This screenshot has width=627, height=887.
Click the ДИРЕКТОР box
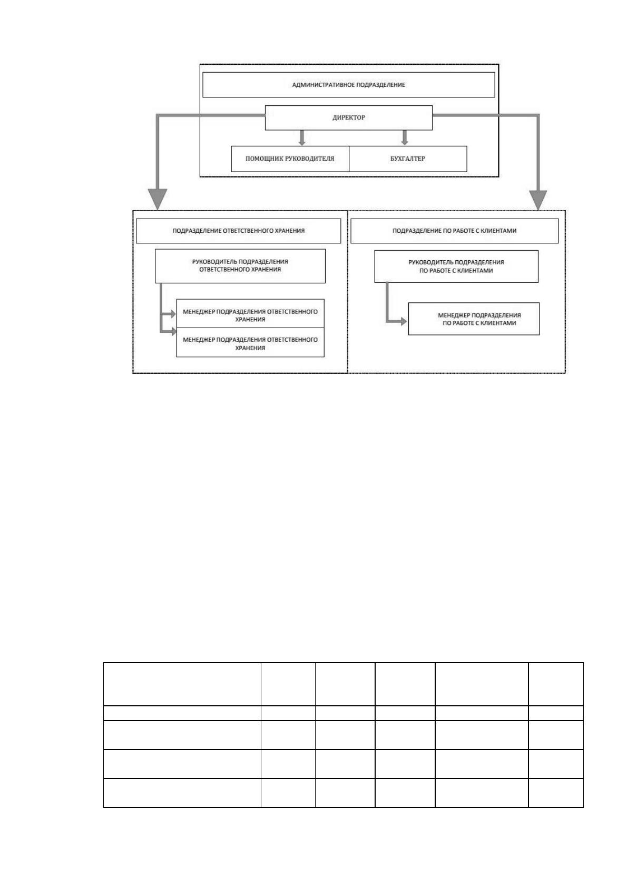point(348,117)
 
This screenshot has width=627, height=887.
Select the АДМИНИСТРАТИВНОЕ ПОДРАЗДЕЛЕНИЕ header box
point(349,85)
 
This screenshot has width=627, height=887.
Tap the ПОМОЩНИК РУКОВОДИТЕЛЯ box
point(290,159)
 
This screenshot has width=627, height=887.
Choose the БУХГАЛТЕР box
point(408,159)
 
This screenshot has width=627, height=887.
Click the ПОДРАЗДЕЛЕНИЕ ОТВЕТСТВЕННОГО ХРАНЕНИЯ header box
point(239,231)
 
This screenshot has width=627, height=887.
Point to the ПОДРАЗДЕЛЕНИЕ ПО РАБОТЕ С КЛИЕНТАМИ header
point(454,231)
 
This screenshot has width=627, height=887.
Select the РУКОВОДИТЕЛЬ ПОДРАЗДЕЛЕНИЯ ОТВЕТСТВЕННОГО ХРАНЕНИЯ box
point(240,266)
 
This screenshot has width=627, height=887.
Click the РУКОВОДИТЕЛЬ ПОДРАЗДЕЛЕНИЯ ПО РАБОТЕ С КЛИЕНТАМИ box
point(456,267)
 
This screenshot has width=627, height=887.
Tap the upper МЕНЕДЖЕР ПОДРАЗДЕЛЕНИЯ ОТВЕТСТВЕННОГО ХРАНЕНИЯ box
point(250,313)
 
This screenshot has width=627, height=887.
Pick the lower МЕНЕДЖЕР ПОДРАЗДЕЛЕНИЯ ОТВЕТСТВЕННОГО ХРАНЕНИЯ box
point(250,342)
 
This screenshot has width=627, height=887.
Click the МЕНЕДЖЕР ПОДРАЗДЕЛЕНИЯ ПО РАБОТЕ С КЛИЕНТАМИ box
point(474,319)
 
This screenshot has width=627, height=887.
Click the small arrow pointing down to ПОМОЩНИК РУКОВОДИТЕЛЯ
point(302,138)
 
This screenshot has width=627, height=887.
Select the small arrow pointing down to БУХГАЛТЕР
point(405,138)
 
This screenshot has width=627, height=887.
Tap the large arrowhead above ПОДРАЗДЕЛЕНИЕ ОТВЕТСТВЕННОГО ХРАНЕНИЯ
point(157,199)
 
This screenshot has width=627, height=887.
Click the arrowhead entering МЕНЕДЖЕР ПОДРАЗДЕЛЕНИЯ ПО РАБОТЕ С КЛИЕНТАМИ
point(404,321)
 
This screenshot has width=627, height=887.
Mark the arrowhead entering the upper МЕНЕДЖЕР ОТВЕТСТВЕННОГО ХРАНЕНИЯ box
point(173,314)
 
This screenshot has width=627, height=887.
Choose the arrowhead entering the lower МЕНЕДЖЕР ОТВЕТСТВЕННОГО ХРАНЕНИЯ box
point(173,331)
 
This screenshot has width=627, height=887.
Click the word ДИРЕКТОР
point(349,117)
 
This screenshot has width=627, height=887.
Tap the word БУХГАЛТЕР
point(408,159)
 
